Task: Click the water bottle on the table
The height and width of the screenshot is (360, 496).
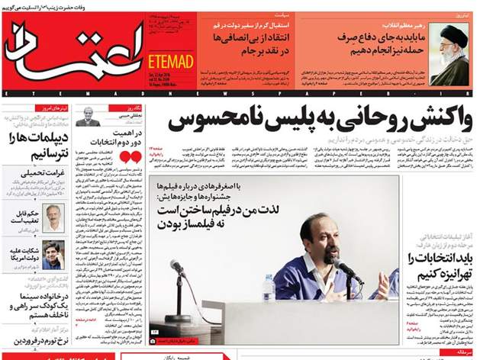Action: click(268, 288)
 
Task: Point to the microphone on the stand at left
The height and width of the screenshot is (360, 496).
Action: click(177, 268)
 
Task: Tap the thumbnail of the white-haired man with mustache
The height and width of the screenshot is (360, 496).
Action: click(53, 217)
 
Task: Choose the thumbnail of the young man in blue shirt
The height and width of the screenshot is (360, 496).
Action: click(53, 255)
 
